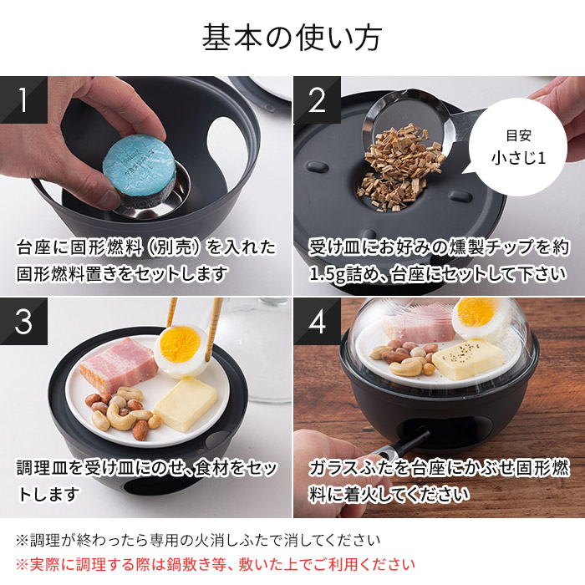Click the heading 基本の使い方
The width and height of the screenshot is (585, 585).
tap(292, 37)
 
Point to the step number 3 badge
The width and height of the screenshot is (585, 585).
tap(22, 321)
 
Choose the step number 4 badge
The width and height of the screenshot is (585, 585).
tap(316, 321)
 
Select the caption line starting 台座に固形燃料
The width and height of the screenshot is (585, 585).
tap(145, 247)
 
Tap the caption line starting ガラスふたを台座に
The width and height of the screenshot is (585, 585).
tap(437, 468)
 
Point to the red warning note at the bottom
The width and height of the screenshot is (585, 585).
tap(215, 564)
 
